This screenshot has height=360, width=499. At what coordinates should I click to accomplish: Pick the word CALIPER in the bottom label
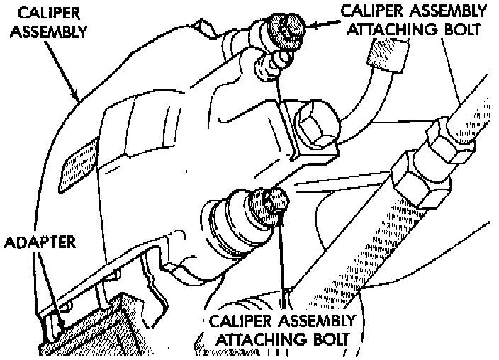tap(239, 320)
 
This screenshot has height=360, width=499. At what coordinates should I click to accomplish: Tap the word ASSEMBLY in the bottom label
tap(311, 320)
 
